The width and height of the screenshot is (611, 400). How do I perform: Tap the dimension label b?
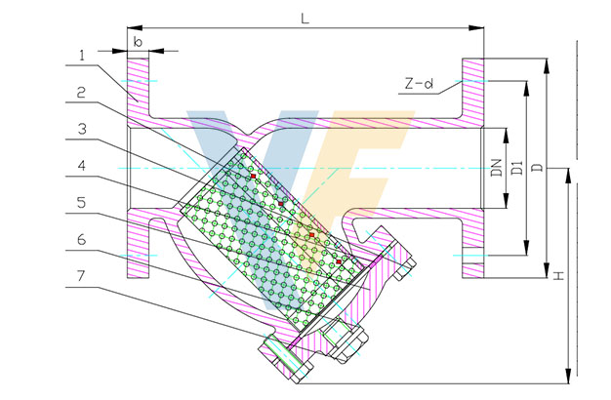click(x=139, y=44)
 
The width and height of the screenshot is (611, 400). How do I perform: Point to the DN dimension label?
click(x=497, y=168)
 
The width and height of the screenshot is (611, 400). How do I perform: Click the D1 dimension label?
click(x=517, y=168)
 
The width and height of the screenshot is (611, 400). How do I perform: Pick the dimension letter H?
click(x=557, y=277)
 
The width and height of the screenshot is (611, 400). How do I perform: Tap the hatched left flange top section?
click(x=138, y=88)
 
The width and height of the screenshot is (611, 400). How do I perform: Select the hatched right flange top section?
click(x=472, y=88)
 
